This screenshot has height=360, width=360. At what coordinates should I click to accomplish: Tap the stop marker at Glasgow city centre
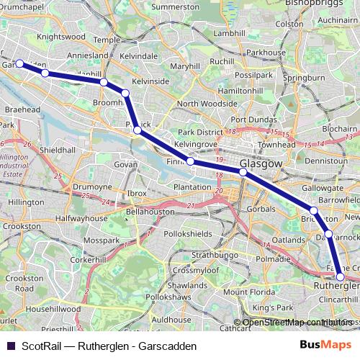[x=243, y=172]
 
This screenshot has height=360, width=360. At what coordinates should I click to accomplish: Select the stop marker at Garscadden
[x=20, y=63]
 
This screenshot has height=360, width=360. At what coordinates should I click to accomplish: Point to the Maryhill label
[x=185, y=66]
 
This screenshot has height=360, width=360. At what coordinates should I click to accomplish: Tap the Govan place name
[x=125, y=165]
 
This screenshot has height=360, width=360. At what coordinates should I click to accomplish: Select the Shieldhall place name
[x=58, y=150]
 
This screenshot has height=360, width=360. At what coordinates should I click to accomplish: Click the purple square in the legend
[x=9, y=346]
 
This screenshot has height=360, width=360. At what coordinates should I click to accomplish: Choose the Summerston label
[x=176, y=7]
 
